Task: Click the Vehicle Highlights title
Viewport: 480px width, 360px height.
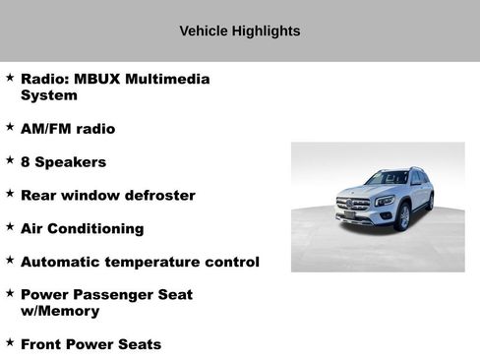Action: point(239,31)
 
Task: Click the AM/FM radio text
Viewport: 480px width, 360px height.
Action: point(68,129)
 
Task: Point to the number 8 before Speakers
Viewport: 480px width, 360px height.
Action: point(26,162)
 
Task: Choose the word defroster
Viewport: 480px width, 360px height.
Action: point(160,196)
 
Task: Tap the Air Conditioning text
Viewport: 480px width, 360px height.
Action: point(82,229)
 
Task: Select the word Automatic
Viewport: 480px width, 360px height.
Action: point(62,263)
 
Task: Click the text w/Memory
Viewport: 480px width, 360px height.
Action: point(60,312)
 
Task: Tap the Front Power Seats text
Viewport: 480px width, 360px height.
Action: point(90,345)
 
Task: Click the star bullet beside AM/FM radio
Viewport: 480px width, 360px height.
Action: point(10,128)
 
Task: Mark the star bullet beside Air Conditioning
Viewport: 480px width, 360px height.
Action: point(10,227)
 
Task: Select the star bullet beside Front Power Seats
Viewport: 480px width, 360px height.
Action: point(10,343)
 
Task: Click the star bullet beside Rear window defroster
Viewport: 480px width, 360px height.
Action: point(10,194)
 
